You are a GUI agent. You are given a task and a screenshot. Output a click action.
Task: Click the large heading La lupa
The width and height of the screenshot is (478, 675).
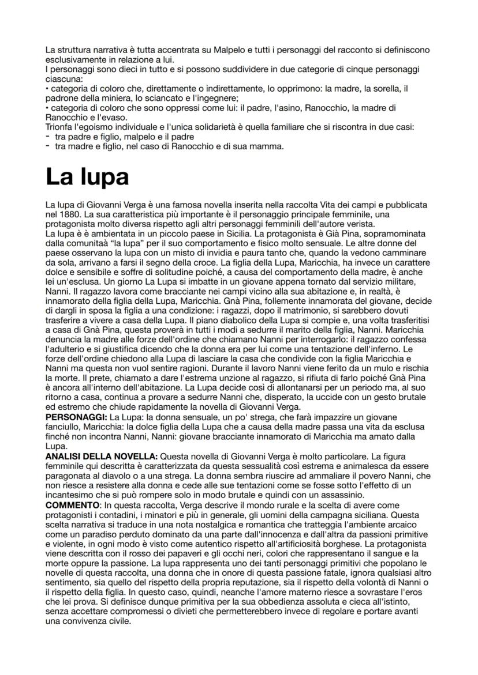(87, 177)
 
